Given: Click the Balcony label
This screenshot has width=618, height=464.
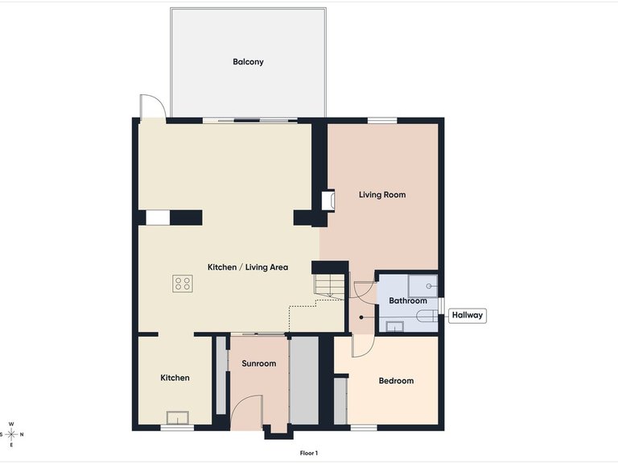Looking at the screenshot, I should [x=248, y=62].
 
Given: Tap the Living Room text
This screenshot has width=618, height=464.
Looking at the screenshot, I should [x=381, y=194].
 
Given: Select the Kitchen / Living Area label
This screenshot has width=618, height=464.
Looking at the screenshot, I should [x=248, y=267].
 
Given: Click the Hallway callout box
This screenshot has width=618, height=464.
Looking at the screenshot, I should [x=468, y=315].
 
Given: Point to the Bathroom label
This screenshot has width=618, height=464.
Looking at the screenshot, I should [x=408, y=300].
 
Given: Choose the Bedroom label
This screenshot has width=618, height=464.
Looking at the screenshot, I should [x=396, y=381].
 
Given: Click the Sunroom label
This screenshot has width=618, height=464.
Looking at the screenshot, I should [x=258, y=364].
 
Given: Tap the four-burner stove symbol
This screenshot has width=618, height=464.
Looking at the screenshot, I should [x=183, y=283].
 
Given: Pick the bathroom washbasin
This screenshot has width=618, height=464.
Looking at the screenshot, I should [x=394, y=326].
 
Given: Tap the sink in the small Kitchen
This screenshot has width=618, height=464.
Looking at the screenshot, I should [x=177, y=417].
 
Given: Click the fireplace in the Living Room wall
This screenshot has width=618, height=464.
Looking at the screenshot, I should [x=328, y=201].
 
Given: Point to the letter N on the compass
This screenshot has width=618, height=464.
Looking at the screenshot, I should [x=22, y=435].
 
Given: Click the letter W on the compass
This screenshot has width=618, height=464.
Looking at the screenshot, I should [x=11, y=425].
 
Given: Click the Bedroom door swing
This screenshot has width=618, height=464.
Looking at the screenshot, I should [x=362, y=346].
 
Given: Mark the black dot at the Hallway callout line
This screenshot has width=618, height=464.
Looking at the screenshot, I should [x=361, y=316].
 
